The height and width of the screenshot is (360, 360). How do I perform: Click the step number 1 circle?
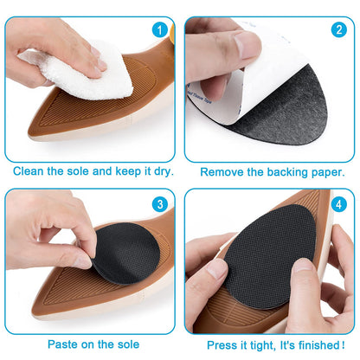158,29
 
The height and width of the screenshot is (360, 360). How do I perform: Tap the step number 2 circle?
337,29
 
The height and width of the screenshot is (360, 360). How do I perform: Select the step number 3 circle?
158,205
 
